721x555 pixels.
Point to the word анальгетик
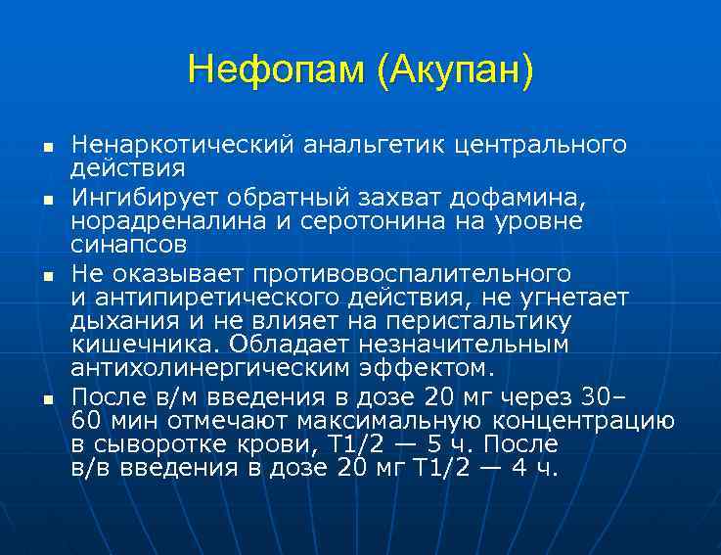pyautogui.click(x=357, y=146)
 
